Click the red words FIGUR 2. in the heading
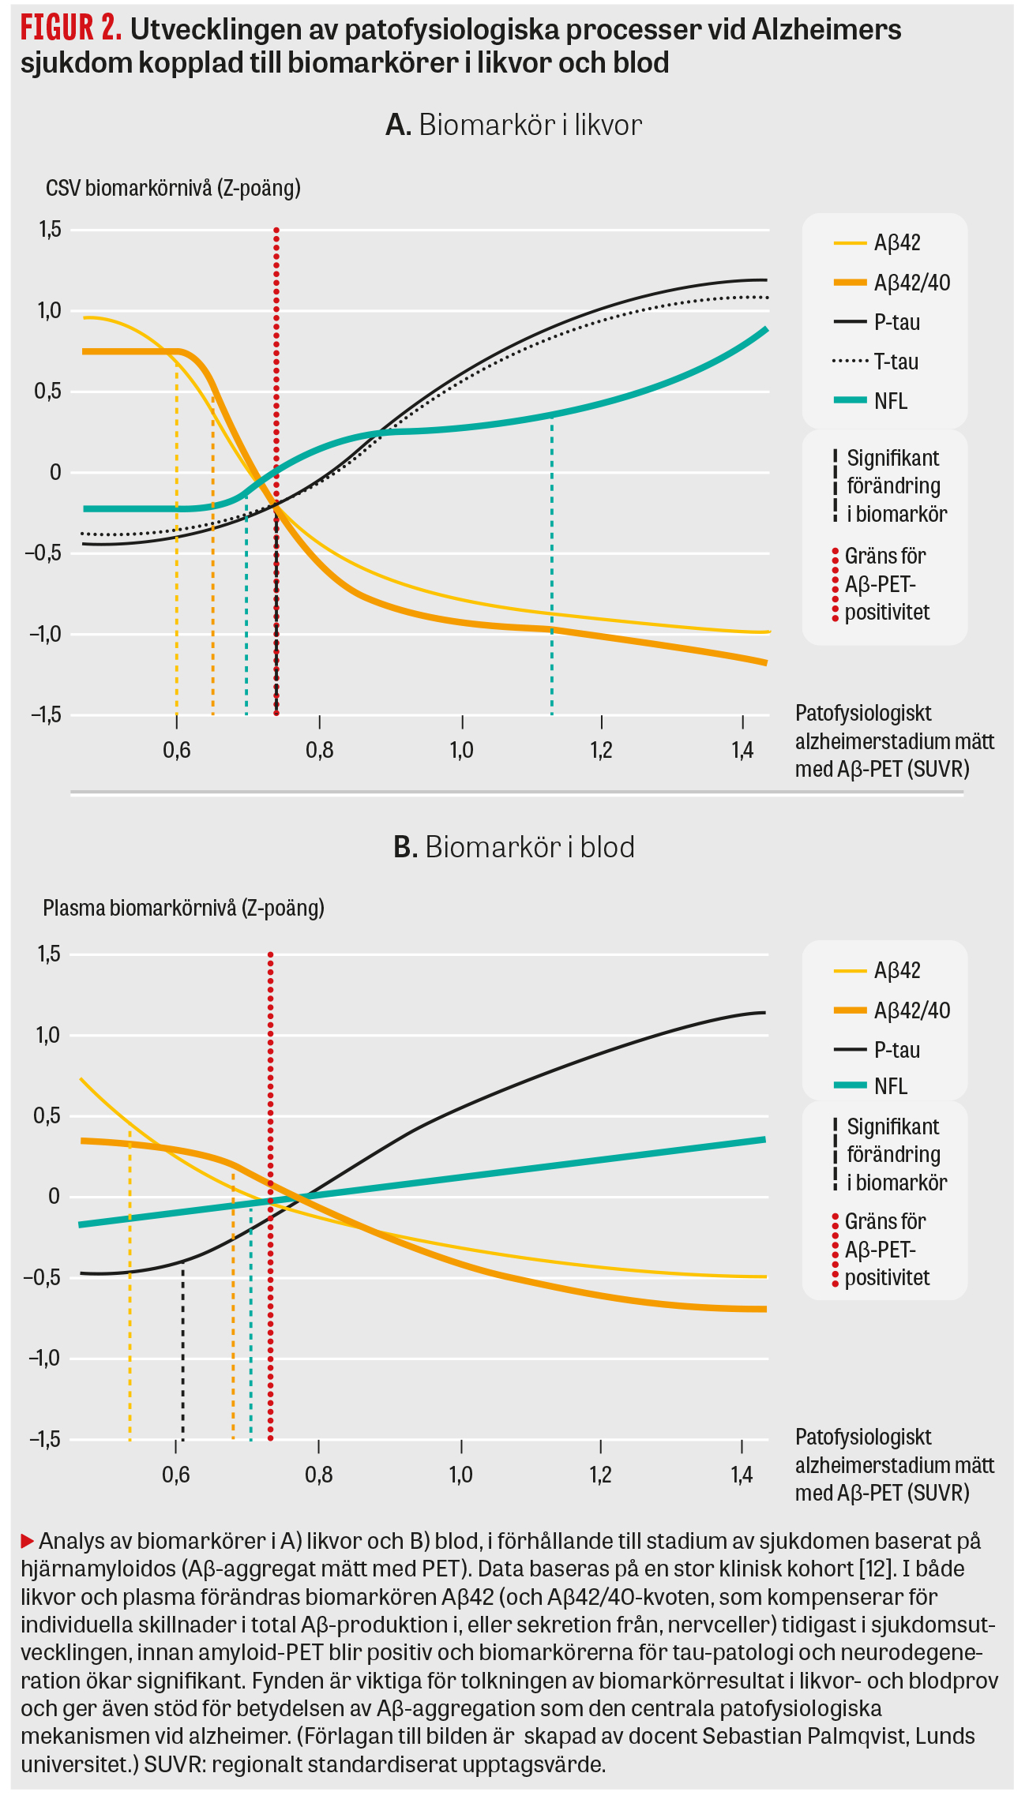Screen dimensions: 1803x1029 tap(70, 28)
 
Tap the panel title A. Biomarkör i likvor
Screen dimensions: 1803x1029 tap(513, 126)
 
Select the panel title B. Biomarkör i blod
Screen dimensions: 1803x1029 tap(514, 847)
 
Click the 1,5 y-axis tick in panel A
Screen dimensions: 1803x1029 tap(50, 230)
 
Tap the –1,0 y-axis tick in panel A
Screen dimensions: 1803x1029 tap(45, 634)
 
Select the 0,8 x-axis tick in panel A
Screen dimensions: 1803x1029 tap(319, 749)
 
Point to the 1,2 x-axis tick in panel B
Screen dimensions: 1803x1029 tap(600, 1474)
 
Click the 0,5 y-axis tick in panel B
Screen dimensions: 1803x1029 tap(47, 1115)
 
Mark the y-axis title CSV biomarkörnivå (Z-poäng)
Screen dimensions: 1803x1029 tap(173, 189)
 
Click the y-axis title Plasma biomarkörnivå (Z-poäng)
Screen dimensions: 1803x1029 tap(183, 908)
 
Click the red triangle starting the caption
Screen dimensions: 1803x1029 tap(28, 1540)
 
